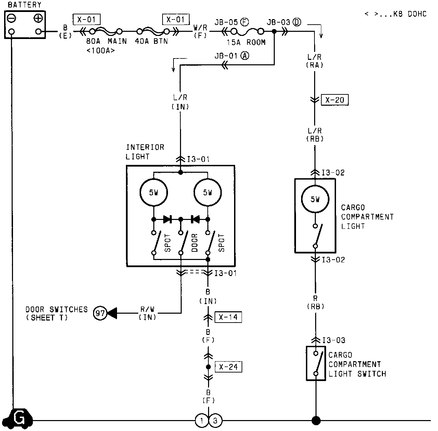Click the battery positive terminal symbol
pyautogui.click(x=38, y=18)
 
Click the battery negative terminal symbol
pyautogui.click(x=12, y=18)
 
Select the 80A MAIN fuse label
pyautogui.click(x=106, y=41)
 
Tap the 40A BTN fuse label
pyautogui.click(x=154, y=41)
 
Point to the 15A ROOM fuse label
pyautogui.click(x=246, y=42)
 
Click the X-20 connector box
pyautogui.click(x=335, y=100)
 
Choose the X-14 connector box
pyautogui.click(x=228, y=317)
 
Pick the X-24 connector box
pyautogui.click(x=228, y=367)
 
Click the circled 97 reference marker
pyautogui.click(x=100, y=313)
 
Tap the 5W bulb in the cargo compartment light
pyautogui.click(x=315, y=199)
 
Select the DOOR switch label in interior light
pyautogui.click(x=195, y=243)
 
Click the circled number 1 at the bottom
pyautogui.click(x=202, y=421)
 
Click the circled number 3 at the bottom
pyautogui.click(x=215, y=421)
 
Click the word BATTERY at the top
pyautogui.click(x=24, y=5)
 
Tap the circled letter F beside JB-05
pyautogui.click(x=244, y=22)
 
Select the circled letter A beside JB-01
pyautogui.click(x=244, y=56)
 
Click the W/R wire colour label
pyautogui.click(x=200, y=27)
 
